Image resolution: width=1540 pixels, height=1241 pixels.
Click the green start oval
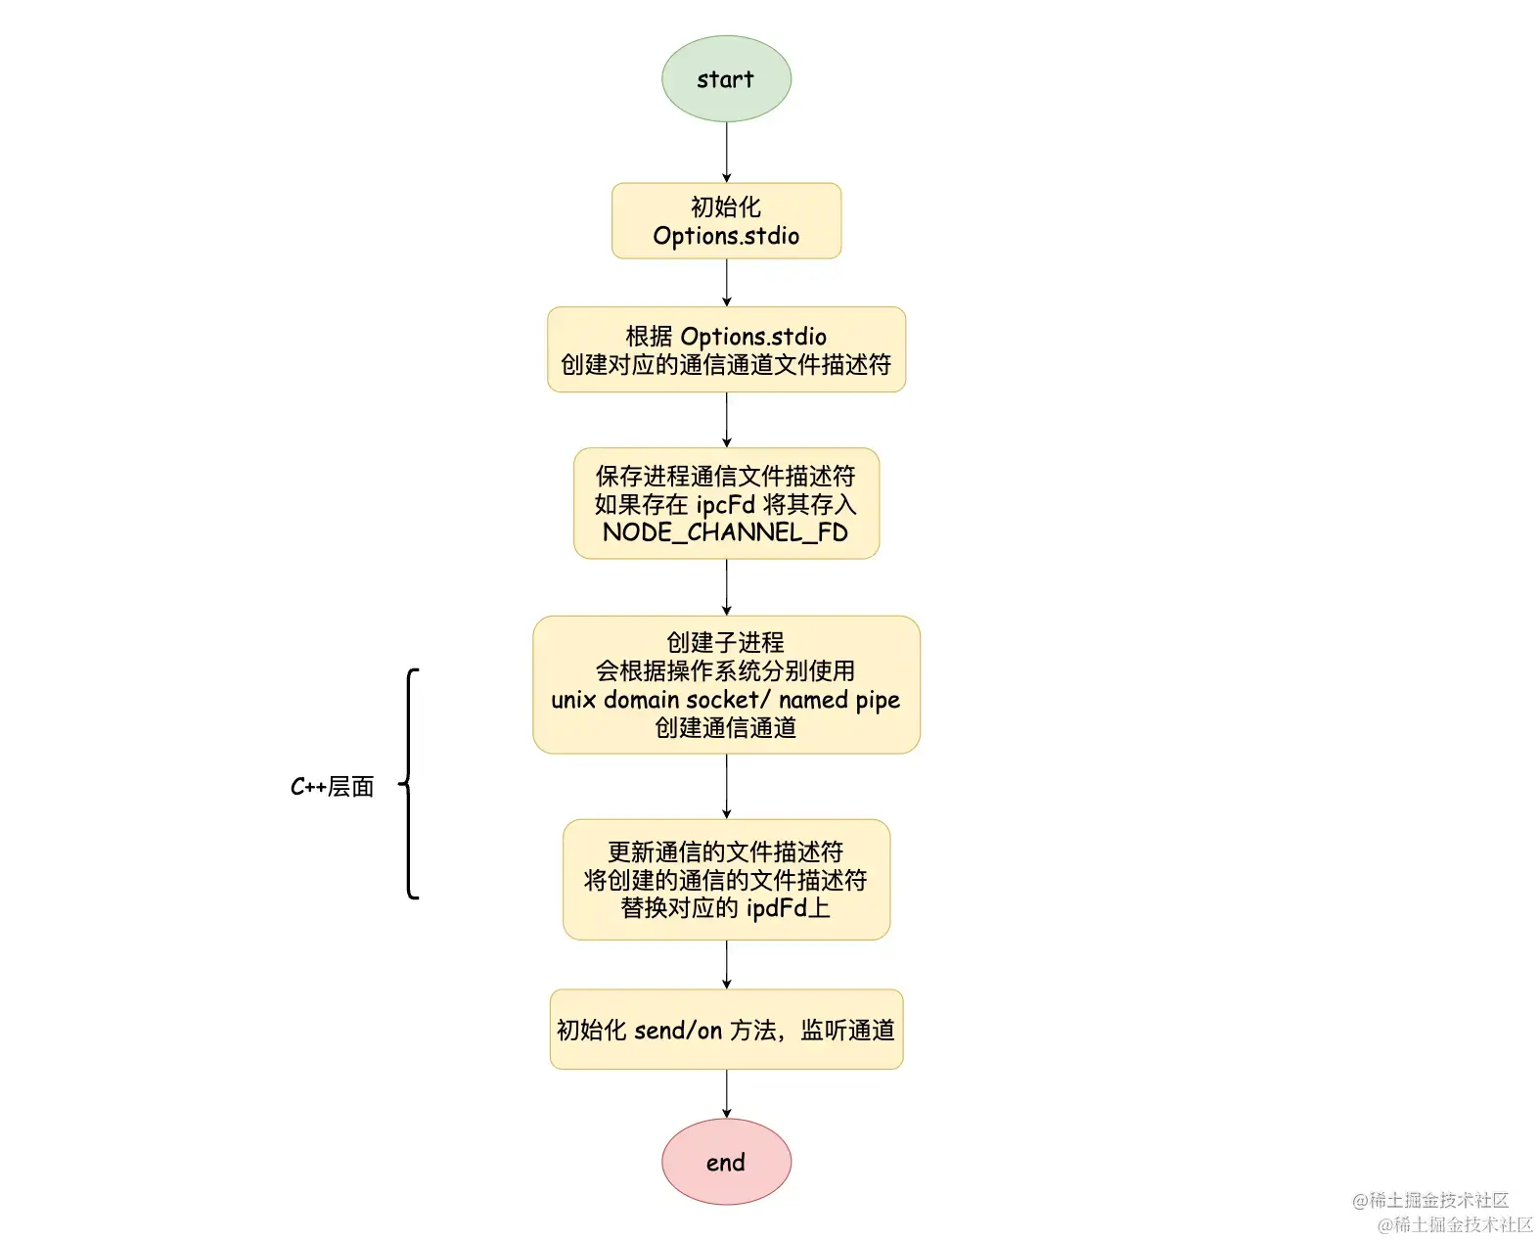[726, 79]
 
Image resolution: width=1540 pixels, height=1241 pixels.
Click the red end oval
[726, 1162]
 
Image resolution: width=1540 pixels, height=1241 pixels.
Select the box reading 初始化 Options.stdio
[726, 221]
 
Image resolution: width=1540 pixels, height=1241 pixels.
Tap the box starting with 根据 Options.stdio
[726, 349]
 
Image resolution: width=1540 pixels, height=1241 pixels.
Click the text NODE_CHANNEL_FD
[725, 532]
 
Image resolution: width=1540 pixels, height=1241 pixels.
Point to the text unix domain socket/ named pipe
[725, 700]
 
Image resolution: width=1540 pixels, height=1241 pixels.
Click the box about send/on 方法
[726, 1030]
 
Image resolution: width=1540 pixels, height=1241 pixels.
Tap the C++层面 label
[333, 787]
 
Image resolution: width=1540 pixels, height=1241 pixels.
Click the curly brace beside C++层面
[410, 784]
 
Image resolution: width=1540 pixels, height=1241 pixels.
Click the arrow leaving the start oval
[726, 152]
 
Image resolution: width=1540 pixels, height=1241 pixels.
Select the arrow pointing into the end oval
[726, 1093]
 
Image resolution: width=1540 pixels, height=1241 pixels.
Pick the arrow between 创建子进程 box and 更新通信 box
[726, 786]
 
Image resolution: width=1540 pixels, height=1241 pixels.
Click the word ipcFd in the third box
[725, 505]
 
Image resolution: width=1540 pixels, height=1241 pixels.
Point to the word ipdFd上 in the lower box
[788, 908]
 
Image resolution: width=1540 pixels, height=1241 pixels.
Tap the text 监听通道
[847, 1031]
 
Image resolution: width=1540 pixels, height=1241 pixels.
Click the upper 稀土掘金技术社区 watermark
[1430, 1200]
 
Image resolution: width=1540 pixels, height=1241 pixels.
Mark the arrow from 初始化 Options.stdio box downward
[726, 283]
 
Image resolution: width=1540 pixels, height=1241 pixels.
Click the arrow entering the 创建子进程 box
[726, 587]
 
